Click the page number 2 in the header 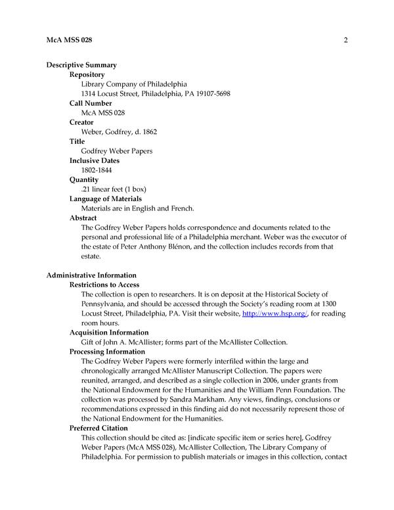click(x=345, y=41)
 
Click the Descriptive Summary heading click(x=81, y=65)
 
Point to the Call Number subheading click(x=91, y=103)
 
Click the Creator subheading click(x=81, y=122)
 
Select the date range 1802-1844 click(x=96, y=170)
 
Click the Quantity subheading click(x=84, y=179)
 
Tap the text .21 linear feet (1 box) click(x=113, y=189)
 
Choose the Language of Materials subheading click(x=106, y=198)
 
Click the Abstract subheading click(x=83, y=218)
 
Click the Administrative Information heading click(x=91, y=275)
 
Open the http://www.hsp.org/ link click(x=267, y=314)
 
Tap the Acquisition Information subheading click(x=109, y=333)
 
